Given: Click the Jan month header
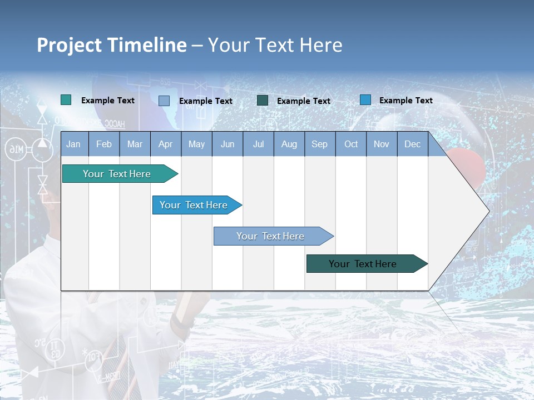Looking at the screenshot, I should coord(73,144).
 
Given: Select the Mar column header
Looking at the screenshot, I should coord(135,144).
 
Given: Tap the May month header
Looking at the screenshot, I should coord(196,144).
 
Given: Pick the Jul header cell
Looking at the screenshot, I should coord(258,144).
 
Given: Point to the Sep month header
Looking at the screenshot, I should coord(319,144).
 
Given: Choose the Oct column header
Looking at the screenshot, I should coord(351,144).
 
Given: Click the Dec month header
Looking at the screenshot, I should coord(412,144).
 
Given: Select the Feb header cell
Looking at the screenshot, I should coord(104,144).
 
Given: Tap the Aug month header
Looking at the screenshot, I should coord(289,144).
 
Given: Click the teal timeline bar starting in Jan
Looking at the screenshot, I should coord(117,174).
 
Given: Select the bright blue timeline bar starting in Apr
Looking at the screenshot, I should coord(194,205).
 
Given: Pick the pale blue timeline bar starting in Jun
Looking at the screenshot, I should coord(270,236).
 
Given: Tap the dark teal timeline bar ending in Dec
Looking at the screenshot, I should coord(363,264).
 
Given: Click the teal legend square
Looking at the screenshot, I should coord(66,100).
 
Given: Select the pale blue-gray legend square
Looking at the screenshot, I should coord(164,101).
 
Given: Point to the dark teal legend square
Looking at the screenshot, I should coord(263,100).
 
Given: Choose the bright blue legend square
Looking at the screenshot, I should coord(365,100).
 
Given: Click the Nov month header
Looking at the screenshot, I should coord(382,144).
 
